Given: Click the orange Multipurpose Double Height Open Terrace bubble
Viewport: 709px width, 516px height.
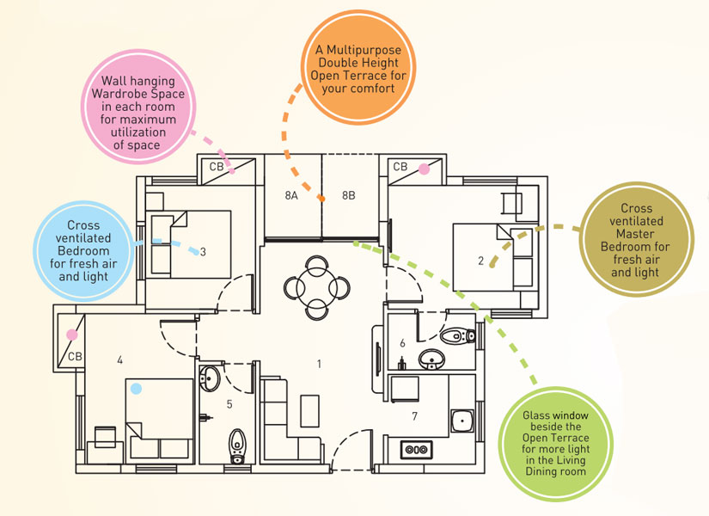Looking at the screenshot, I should [x=358, y=64].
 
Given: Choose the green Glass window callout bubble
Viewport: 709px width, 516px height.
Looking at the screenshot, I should [x=555, y=444].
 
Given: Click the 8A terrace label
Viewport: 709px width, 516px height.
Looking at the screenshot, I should [x=290, y=195].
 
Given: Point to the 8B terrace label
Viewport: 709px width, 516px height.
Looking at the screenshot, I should [x=348, y=195].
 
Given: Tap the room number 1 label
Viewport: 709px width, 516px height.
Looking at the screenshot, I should [x=319, y=365].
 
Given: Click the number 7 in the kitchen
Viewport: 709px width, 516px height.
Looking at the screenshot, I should [x=415, y=416].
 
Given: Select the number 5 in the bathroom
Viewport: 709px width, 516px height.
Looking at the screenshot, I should [x=229, y=403].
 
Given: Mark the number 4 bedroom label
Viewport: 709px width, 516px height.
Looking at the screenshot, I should [x=119, y=360].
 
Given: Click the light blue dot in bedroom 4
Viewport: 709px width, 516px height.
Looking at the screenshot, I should [x=135, y=389].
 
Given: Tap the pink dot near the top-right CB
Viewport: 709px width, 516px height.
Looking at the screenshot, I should [x=424, y=169].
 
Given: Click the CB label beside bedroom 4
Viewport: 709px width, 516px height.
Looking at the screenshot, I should [x=75, y=356].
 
